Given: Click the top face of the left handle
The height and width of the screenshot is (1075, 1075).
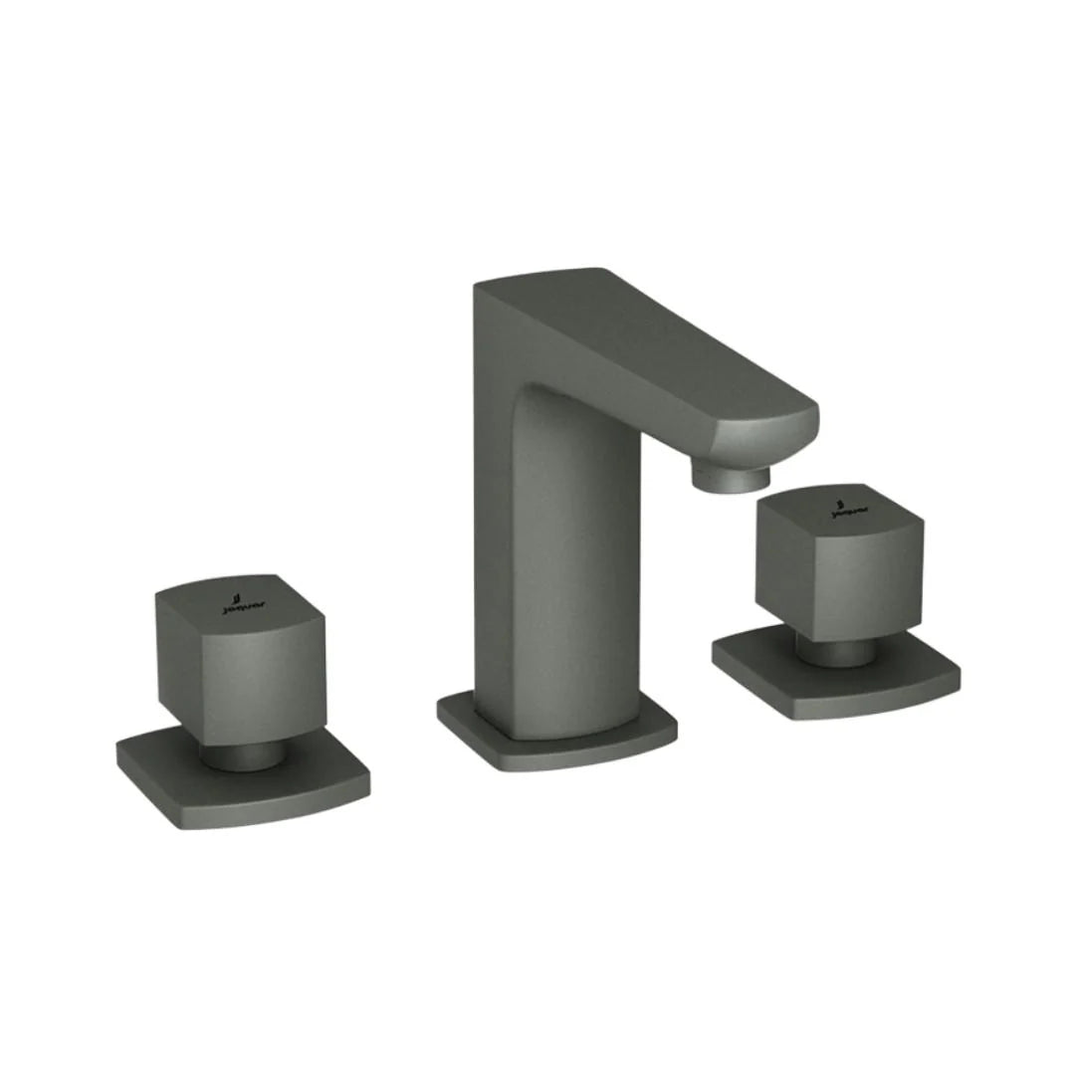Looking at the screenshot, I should tap(239, 597).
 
